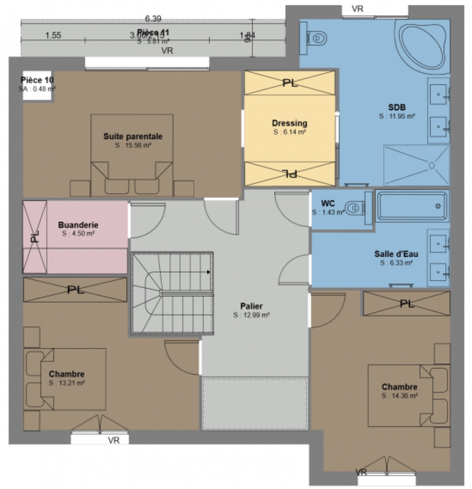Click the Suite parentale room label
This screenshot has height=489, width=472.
pos(133,136)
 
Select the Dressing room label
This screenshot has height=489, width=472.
pos(289,123)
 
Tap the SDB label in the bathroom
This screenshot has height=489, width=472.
pos(397,107)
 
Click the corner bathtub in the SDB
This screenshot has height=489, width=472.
pos(422,44)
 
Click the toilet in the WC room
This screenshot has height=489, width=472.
pos(354,208)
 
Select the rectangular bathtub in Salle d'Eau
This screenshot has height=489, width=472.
pos(412,206)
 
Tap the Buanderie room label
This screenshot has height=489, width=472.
pos(78,225)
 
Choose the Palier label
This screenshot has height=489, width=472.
pos(251,306)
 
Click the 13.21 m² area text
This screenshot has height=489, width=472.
pos(67,383)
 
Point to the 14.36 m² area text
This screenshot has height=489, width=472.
pos(399,396)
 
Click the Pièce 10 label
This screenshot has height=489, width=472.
pos(37,80)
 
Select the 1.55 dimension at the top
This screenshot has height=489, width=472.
pos(53,35)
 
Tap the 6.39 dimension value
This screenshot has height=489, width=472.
pos(153,19)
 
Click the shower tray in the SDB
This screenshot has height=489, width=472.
pos(417,165)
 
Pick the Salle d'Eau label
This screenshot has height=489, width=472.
pos(396,254)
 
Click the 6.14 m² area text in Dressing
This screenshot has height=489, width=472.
pos(289,133)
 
